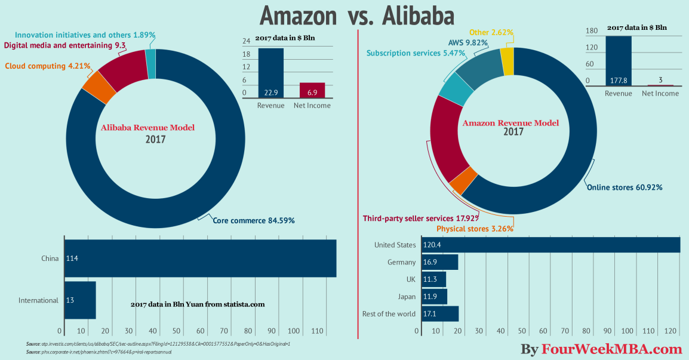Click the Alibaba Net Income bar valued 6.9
(x=312, y=90)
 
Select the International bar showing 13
(x=80, y=300)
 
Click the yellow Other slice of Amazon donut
(x=507, y=61)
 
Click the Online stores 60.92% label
(x=624, y=187)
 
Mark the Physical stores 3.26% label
(x=475, y=229)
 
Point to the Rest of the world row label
(x=389, y=313)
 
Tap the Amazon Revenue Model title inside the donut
(x=511, y=123)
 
